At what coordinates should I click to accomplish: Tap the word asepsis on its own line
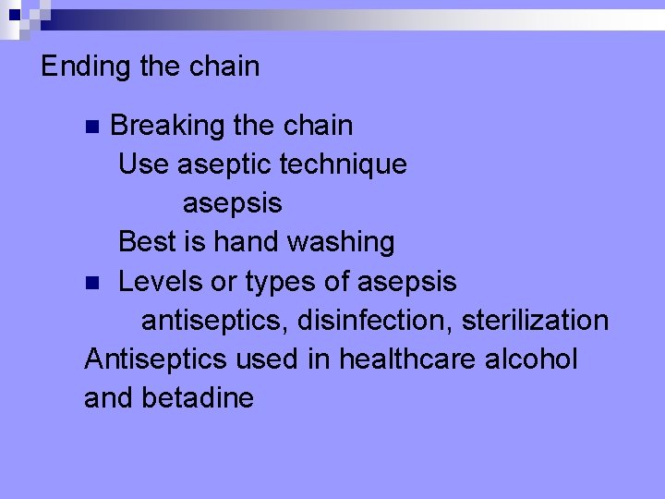click(x=232, y=202)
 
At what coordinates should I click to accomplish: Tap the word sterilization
click(x=535, y=320)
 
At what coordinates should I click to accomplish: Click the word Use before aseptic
click(x=143, y=164)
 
